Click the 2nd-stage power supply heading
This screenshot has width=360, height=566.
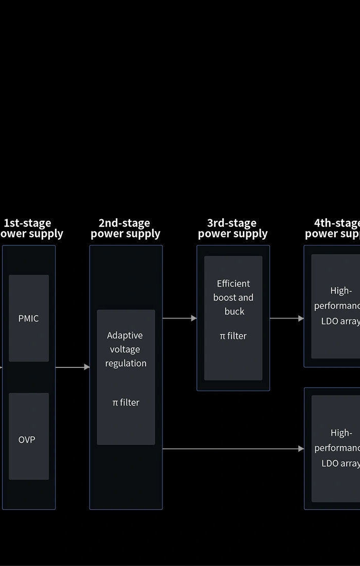point(125,228)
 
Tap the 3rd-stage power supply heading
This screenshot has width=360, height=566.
point(233,228)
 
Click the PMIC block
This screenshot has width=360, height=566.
point(29,318)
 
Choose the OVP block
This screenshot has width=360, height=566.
point(27,439)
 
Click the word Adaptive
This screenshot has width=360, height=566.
point(125,335)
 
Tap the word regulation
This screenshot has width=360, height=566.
point(126,363)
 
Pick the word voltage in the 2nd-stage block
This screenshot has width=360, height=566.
point(125,349)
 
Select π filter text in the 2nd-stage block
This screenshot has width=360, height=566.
point(126,402)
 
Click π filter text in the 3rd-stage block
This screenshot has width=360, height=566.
point(233,336)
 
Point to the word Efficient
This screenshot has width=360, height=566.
point(233,284)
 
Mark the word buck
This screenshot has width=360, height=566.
point(235,311)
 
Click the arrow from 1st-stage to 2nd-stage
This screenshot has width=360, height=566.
point(72,367)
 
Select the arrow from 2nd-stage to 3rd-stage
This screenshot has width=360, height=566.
point(179,319)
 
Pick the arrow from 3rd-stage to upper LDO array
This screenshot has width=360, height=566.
point(286,319)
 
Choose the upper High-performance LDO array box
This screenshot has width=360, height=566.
point(336,306)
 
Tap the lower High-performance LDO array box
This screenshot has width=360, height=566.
point(336,448)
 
